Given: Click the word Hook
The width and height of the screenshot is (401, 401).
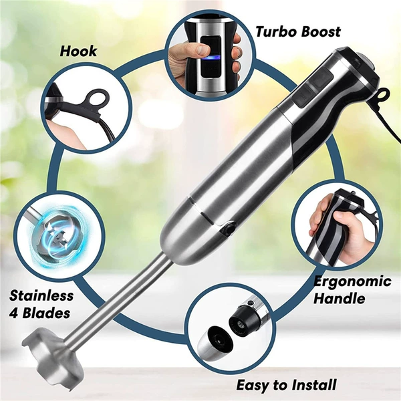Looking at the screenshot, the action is tap(78, 51).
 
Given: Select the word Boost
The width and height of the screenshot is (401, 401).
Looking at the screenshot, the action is tap(320, 31).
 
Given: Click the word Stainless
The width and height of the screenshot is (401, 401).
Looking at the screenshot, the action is tap(41, 295).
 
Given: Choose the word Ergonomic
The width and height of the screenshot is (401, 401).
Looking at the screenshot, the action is tap(352, 281).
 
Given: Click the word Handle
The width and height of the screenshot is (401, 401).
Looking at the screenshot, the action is tap(339, 298).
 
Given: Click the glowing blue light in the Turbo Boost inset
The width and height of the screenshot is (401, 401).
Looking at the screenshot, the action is tap(211, 58).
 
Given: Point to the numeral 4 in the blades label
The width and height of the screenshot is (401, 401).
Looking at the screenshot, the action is tap(13, 313).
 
